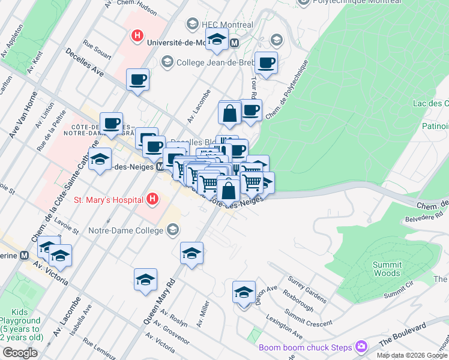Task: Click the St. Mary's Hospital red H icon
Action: point(153,199)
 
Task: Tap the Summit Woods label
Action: point(387,269)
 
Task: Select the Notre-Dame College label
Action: point(125,230)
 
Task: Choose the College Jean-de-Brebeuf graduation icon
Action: point(167,61)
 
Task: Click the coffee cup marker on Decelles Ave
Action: point(137,80)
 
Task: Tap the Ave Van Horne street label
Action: point(23,114)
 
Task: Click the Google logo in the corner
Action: point(20,353)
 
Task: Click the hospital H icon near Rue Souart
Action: point(137,35)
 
